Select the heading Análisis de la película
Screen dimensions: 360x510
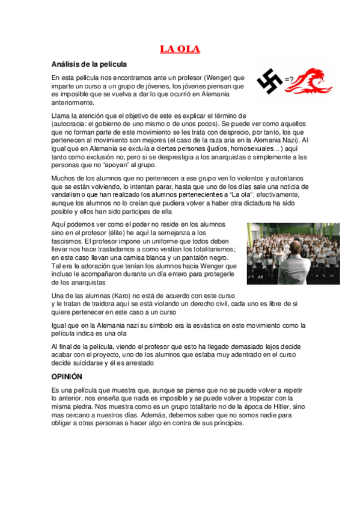(x=89, y=64)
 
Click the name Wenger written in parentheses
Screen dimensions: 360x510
(x=217, y=78)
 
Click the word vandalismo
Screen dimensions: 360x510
(x=72, y=195)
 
